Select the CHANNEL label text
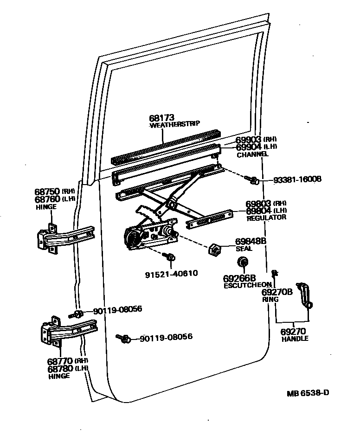pos(252,154)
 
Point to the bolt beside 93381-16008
pos(253,179)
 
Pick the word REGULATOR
pos(266,218)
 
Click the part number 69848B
pos(251,241)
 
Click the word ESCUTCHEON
pos(247,285)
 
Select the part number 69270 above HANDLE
pos(294,332)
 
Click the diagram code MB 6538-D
pos(308,393)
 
